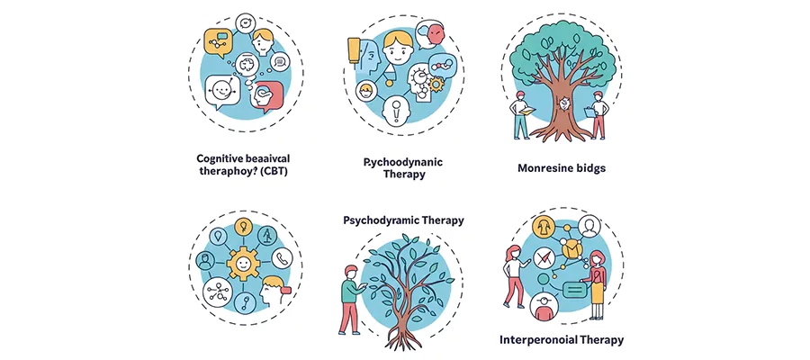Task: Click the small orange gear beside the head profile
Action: [439, 85]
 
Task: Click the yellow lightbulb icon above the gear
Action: [240, 226]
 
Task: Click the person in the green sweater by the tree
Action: [349, 300]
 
